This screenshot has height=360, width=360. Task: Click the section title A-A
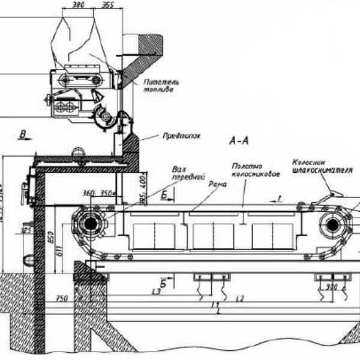[x=239, y=140]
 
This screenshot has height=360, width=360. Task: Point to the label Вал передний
[x=181, y=173]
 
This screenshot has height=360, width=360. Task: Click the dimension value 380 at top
[x=77, y=4]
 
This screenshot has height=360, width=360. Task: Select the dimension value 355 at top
[x=108, y=4]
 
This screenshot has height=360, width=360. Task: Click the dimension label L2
[x=240, y=298]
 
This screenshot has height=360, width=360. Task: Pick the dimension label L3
[x=157, y=292]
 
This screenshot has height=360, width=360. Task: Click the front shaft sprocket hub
[x=91, y=223]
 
